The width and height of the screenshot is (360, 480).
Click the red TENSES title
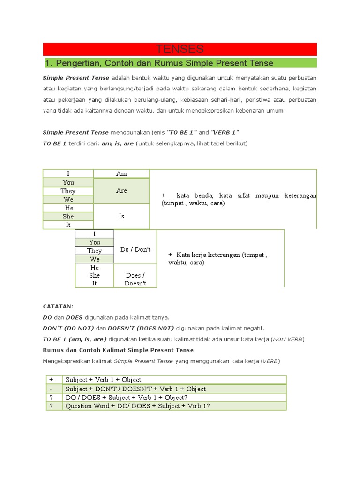coord(180,49)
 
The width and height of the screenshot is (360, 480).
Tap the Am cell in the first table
coord(121,174)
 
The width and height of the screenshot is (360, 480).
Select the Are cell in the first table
coord(121,191)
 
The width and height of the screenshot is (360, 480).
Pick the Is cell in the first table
coord(121,216)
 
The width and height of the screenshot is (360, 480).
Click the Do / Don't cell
coord(135,250)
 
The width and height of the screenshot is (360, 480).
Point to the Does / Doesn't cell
coord(135,279)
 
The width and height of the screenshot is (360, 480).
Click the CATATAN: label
coord(58,307)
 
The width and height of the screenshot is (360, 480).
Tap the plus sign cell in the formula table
coord(52,380)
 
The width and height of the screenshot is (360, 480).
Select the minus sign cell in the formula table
coord(52,389)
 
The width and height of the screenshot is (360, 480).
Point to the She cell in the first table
coord(68,217)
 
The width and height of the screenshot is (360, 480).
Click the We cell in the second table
coord(95,259)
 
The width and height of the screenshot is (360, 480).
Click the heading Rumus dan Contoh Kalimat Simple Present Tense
coord(118,350)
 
